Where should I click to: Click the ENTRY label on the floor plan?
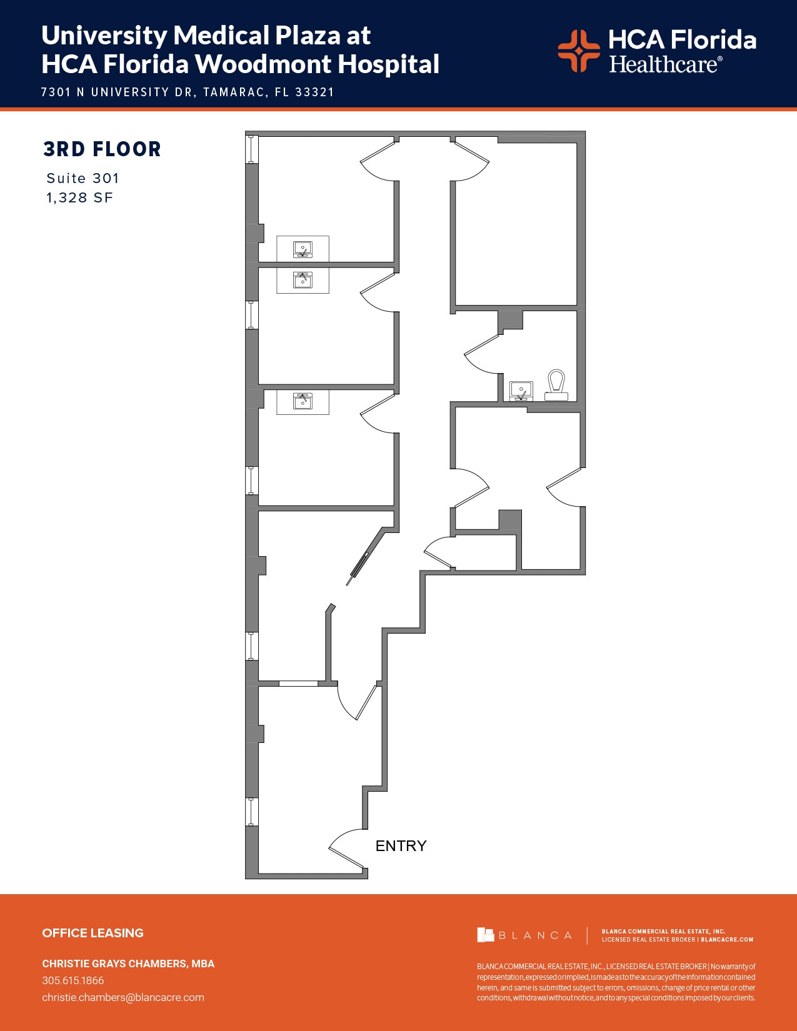click(401, 845)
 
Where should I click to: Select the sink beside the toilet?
click(521, 391)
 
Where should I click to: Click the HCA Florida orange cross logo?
click(578, 51)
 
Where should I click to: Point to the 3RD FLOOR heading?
click(103, 149)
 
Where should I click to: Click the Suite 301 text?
click(83, 178)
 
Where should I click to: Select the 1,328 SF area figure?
click(79, 198)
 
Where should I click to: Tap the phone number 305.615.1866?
click(73, 980)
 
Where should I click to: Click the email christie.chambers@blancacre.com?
click(123, 997)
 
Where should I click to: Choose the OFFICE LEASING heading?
click(93, 933)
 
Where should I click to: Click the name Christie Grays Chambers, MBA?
click(128, 964)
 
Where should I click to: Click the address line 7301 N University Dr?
click(188, 92)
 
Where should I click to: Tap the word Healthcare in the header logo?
click(664, 64)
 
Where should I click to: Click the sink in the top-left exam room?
click(303, 249)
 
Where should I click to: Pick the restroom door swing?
click(483, 355)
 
